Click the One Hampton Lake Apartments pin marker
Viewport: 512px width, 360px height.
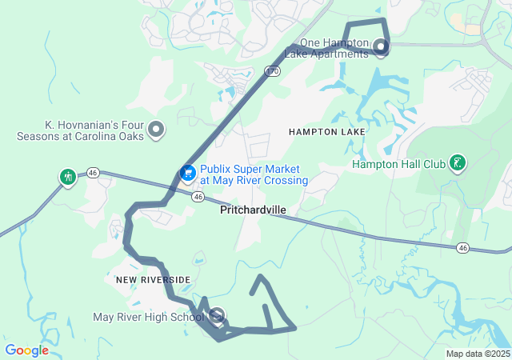381,46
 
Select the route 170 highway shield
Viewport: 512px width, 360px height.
273,71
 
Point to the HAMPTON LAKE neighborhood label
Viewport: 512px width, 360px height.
326,131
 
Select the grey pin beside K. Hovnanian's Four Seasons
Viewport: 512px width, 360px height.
157,129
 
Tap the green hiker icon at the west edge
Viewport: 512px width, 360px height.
68,176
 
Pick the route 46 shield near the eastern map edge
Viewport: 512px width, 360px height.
463,248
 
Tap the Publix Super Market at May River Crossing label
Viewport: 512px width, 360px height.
254,175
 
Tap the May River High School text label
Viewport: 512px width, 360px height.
149,318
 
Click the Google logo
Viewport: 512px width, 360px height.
26,350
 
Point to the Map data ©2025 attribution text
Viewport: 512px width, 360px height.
478,354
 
